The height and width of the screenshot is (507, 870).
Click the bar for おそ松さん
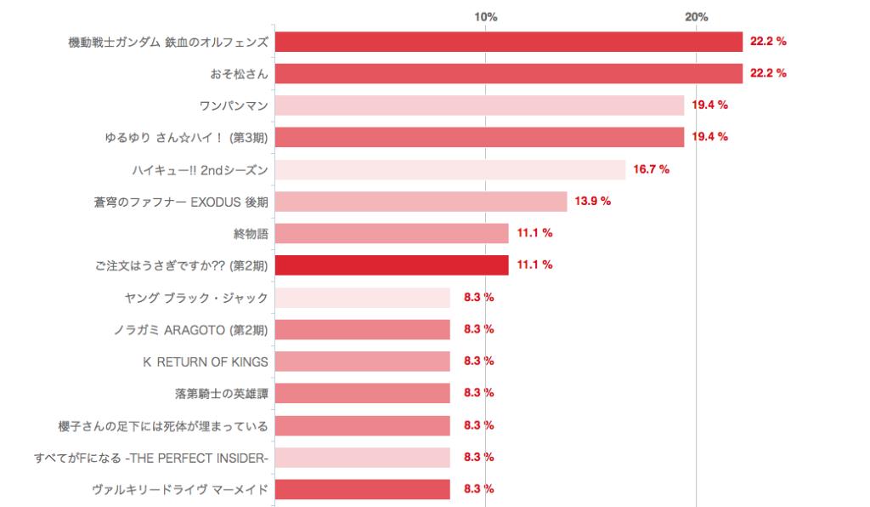coord(508,73)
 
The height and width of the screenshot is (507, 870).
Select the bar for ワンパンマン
coord(479,105)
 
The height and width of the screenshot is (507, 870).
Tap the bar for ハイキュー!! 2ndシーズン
coord(450,169)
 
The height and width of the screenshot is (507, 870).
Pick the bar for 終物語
coord(392,233)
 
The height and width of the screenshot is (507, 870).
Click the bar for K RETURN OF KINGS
coord(362,362)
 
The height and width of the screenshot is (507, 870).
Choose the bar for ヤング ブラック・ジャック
coord(362,298)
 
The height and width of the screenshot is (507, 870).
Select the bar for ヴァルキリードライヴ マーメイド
coord(362,489)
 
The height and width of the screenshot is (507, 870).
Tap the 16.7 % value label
coord(652,169)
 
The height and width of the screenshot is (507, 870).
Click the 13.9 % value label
coord(593,202)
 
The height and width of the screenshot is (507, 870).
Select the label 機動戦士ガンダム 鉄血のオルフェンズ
coord(168,42)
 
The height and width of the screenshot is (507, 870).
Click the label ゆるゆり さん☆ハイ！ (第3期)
coord(181,137)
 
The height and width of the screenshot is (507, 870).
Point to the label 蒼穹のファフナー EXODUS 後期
coord(182,202)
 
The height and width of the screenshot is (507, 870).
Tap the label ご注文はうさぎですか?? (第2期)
coord(182,265)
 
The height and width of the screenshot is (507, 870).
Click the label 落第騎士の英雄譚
coord(221,393)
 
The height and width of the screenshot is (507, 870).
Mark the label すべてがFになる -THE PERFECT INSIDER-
coord(151,458)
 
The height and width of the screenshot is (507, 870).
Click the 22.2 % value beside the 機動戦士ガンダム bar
coord(768,41)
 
